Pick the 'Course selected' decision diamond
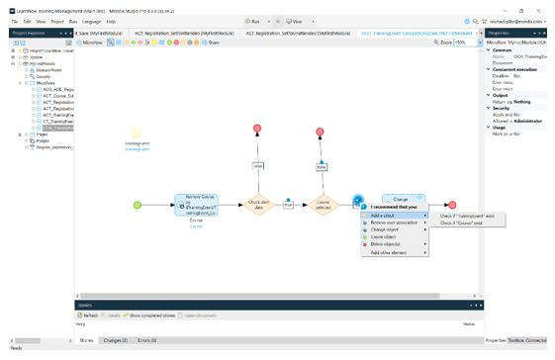pyautogui.click(x=322, y=205)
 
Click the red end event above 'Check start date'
pyautogui.click(x=257, y=129)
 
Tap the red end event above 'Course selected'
pyautogui.click(x=322, y=129)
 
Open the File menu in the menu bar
pyautogui.click(x=14, y=21)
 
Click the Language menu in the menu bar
pyautogui.click(x=92, y=21)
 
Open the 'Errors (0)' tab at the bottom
pyautogui.click(x=147, y=340)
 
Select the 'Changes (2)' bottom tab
pyautogui.click(x=116, y=340)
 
